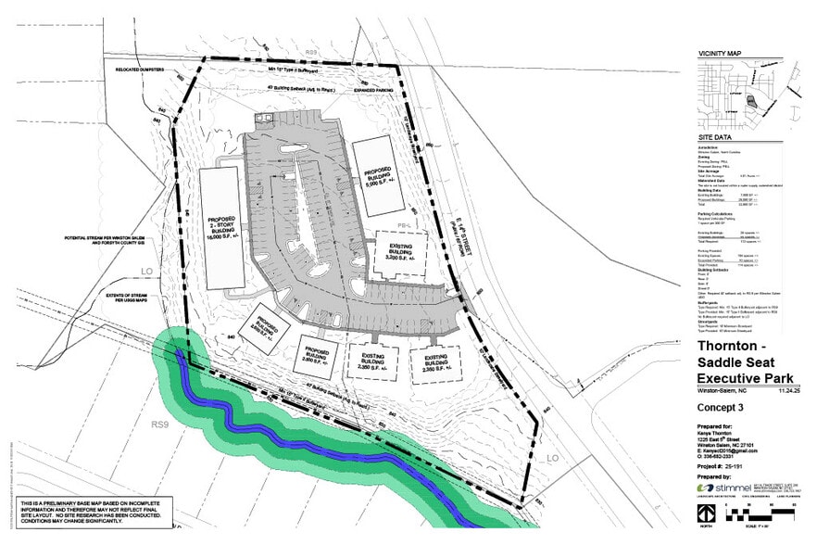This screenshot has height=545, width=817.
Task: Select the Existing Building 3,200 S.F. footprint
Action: coord(400,253)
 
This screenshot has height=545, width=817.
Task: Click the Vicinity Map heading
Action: coord(721,56)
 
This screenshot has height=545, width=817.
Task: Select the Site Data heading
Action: coord(715,138)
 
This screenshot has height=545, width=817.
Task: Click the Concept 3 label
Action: coord(720,407)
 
